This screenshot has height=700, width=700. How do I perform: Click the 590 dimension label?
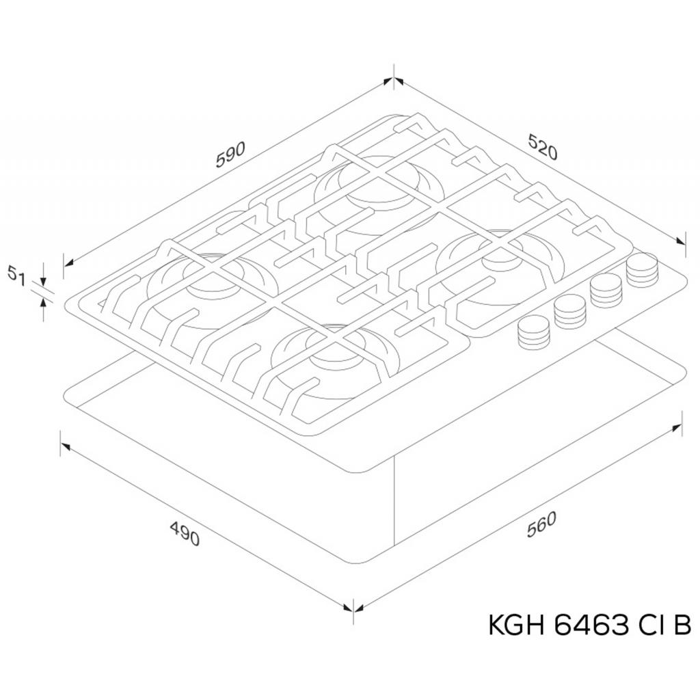(x=230, y=154)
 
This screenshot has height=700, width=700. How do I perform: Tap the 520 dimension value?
(x=543, y=146)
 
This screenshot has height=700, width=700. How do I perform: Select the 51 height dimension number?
(x=16, y=273)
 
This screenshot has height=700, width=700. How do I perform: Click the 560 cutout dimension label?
(x=541, y=524)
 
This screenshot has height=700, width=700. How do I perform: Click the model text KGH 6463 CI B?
(x=590, y=625)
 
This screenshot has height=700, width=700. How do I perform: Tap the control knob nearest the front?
(x=533, y=332)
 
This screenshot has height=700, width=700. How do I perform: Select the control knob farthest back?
(x=643, y=269)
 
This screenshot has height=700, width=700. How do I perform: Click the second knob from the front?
(x=569, y=311)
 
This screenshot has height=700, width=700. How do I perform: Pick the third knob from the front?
(x=606, y=290)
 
